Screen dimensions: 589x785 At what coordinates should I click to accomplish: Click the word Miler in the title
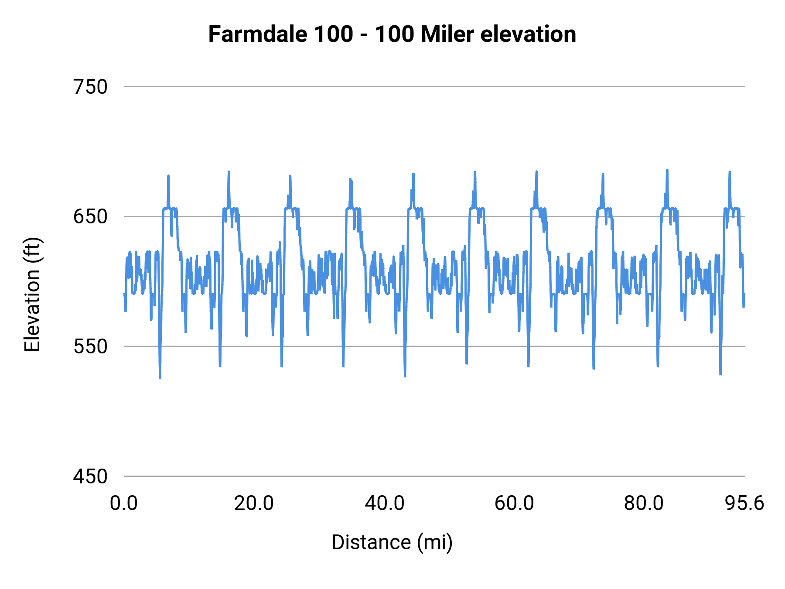[447, 34]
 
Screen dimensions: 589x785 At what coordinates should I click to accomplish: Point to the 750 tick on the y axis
[90, 87]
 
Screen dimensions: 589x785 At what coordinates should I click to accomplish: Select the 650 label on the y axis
[90, 217]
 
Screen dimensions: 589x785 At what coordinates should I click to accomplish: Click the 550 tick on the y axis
[90, 347]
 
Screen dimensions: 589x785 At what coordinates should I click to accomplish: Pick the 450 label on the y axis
[90, 476]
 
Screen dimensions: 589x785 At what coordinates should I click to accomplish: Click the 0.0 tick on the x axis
[124, 503]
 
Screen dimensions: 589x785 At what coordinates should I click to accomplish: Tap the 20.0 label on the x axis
[254, 503]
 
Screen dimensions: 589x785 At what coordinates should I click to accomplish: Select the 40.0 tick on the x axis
[384, 503]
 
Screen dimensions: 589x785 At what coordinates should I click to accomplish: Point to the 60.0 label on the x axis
[514, 503]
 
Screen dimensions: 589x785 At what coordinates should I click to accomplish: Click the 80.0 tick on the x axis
[644, 503]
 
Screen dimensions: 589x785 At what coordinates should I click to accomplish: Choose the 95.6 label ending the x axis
[744, 503]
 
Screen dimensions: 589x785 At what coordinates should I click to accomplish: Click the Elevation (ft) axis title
[32, 294]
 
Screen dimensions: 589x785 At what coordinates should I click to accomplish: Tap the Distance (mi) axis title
[392, 542]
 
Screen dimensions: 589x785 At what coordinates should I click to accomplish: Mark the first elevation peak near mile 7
[168, 176]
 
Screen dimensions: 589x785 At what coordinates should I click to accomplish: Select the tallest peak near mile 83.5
[667, 171]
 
